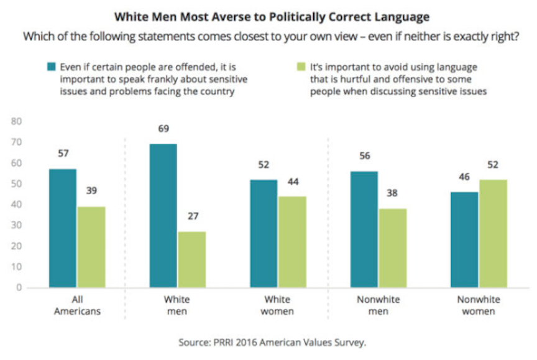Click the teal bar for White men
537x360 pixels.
click(164, 216)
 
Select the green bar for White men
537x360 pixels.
click(193, 259)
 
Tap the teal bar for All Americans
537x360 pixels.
click(63, 228)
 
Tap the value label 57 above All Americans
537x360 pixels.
click(63, 154)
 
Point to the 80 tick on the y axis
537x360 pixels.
click(17, 122)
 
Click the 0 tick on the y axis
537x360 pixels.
click(20, 288)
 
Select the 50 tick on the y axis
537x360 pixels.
click(17, 184)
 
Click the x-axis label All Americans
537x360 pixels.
click(77, 304)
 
